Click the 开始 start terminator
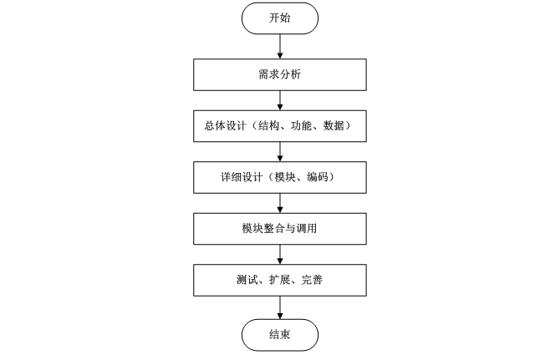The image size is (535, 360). pos(280,18)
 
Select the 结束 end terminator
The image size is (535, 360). pos(280,335)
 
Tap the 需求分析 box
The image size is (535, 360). pos(280,74)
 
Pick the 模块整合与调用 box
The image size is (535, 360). pos(280,227)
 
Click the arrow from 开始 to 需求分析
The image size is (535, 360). pos(280,45)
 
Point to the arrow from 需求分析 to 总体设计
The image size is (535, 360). pos(280,99)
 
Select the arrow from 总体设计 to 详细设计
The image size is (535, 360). pos(280,150)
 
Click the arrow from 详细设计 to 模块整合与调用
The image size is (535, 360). pos(280,201)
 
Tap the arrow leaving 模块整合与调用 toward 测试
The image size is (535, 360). pos(280,252)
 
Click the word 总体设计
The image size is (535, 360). pos(222,125)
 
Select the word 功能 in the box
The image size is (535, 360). pos(297,125)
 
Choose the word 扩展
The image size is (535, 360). pos(279,278)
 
